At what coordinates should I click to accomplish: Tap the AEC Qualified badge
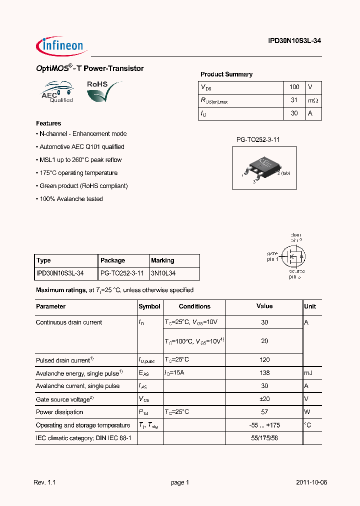(x=57, y=92)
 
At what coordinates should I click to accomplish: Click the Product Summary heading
(x=226, y=74)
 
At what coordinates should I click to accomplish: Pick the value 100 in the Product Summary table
(x=294, y=87)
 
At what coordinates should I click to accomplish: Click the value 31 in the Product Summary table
(x=294, y=100)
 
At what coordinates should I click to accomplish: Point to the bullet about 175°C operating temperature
(x=77, y=173)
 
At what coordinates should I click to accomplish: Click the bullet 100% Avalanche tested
(x=69, y=199)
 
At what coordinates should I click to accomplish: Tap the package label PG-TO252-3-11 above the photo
(x=258, y=140)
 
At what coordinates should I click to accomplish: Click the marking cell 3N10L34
(x=163, y=273)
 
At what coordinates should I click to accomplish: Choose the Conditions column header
(x=194, y=306)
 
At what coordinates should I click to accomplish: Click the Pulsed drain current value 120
(x=264, y=359)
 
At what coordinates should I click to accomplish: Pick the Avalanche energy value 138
(x=264, y=372)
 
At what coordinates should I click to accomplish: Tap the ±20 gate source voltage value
(x=264, y=399)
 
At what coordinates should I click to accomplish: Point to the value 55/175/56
(x=264, y=438)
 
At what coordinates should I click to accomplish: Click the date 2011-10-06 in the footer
(x=311, y=482)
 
